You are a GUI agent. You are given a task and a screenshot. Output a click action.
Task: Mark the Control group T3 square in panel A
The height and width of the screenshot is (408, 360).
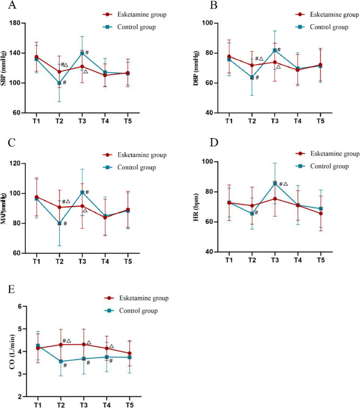tap(82, 53)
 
